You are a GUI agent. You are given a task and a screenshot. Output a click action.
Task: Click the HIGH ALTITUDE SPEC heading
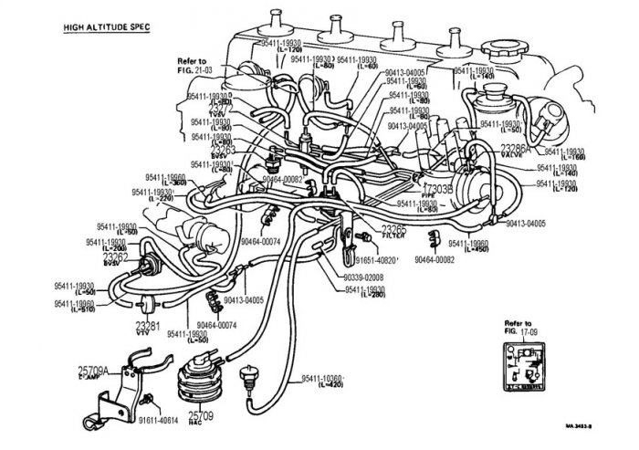pyautogui.click(x=106, y=26)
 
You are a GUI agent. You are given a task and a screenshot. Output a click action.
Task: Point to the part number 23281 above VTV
pyautogui.click(x=148, y=324)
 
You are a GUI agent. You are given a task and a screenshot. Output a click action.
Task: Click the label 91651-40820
pyautogui.click(x=398, y=260)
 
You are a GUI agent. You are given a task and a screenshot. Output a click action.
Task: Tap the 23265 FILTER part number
pyautogui.click(x=394, y=229)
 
